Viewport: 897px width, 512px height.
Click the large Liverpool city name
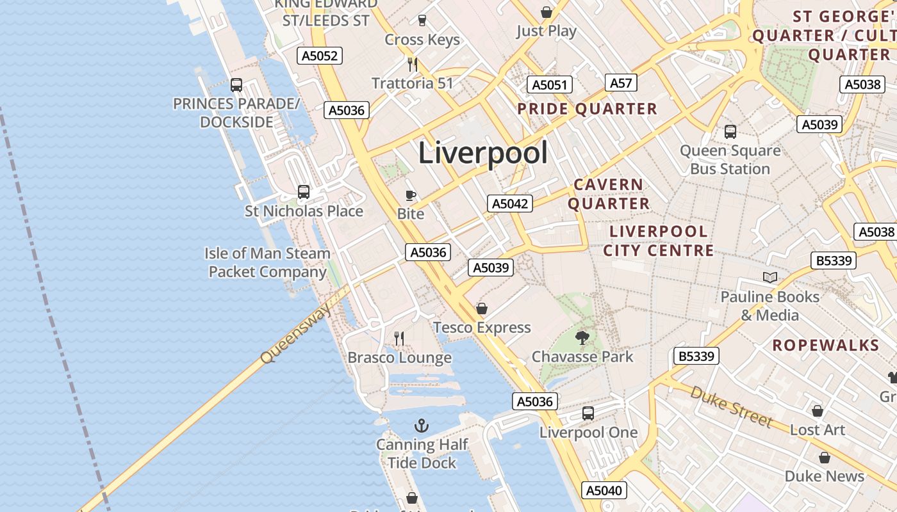(483, 153)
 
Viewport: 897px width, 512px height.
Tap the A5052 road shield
(320, 56)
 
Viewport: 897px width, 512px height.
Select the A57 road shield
(621, 83)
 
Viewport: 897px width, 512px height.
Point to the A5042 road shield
(510, 204)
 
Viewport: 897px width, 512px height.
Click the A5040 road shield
(604, 490)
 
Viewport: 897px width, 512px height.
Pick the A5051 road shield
(549, 85)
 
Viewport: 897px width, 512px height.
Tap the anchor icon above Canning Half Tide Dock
(421, 426)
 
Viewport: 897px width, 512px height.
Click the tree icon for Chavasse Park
(582, 338)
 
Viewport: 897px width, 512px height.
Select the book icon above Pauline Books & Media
(769, 278)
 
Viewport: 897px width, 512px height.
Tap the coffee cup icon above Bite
(411, 195)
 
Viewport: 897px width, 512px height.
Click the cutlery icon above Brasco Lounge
(399, 338)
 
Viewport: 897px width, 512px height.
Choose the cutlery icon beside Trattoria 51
(413, 64)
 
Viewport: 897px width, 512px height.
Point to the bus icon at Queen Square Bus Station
(730, 132)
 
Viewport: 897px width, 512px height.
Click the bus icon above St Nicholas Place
(304, 191)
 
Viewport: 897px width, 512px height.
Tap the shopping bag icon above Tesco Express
(482, 309)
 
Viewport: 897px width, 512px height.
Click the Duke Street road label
(731, 406)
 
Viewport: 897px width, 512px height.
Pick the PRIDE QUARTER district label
(587, 109)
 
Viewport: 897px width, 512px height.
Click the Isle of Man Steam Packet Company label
(268, 262)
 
